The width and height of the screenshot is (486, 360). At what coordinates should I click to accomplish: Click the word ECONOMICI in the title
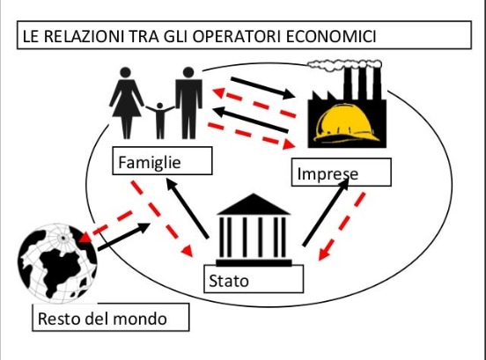[331, 36]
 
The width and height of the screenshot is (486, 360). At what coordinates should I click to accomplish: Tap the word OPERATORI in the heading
[236, 36]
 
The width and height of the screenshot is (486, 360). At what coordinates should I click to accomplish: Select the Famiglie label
[150, 163]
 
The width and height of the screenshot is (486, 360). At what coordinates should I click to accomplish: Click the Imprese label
[328, 173]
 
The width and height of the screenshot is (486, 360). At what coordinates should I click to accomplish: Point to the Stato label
[229, 281]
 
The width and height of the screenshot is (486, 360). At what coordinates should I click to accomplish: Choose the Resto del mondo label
[102, 319]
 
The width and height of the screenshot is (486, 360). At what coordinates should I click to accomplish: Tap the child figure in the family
[160, 121]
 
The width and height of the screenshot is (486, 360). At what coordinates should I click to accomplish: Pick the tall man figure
[188, 103]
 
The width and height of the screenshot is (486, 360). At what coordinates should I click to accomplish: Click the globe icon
[57, 263]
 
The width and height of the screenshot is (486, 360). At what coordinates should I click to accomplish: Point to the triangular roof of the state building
[254, 204]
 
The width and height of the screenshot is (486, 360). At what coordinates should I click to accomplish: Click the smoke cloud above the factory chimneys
[344, 64]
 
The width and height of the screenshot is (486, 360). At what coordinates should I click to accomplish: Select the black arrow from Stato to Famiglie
[188, 209]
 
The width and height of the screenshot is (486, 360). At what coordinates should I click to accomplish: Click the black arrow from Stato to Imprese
[326, 212]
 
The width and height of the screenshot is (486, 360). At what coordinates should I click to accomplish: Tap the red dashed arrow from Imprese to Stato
[342, 226]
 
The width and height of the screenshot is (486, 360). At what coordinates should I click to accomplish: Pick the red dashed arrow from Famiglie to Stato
[161, 218]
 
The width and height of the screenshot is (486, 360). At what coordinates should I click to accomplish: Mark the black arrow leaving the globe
[124, 236]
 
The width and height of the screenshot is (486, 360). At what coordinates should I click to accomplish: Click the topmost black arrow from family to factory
[263, 88]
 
